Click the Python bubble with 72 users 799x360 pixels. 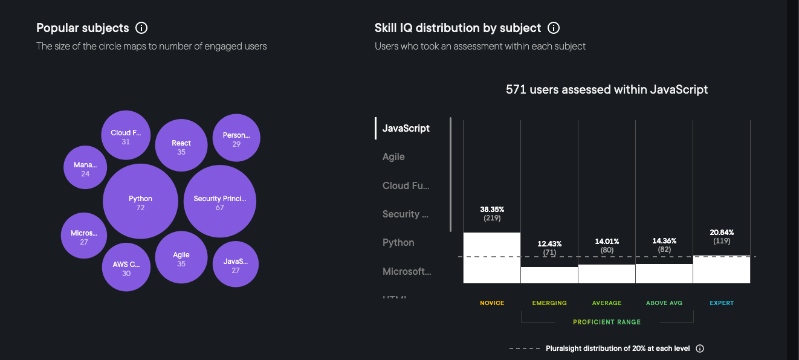tap(140, 202)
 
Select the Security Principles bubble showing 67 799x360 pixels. tap(219, 202)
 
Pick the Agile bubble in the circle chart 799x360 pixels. tap(181, 258)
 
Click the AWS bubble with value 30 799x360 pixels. tap(126, 268)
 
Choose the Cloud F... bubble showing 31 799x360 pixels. tap(125, 136)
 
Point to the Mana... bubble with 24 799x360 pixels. tap(85, 168)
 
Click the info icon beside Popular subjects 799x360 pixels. tap(141, 28)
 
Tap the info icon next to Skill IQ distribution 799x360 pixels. tap(553, 28)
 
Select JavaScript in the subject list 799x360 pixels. tap(406, 128)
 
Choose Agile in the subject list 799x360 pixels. tap(393, 156)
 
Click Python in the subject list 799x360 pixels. tap(398, 242)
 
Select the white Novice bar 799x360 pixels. tap(491, 258)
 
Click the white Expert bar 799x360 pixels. tap(721, 269)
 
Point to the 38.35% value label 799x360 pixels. tap(491, 209)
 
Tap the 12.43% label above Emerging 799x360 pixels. tap(549, 244)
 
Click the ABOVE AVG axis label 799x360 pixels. tap(664, 303)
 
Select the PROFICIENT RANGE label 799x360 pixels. tap(607, 322)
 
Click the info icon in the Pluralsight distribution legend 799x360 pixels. tap(700, 349)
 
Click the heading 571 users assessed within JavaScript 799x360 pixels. tap(607, 89)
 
